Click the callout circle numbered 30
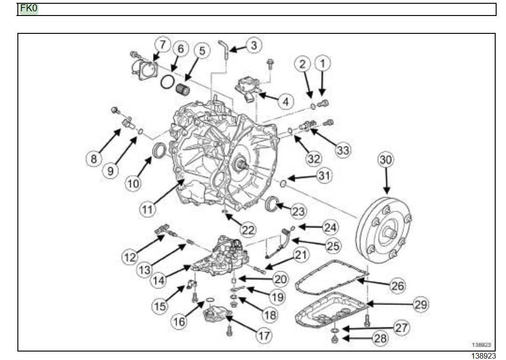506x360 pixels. (386, 160)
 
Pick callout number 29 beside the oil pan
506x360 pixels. (420, 304)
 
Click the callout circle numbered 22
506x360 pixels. (248, 230)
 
